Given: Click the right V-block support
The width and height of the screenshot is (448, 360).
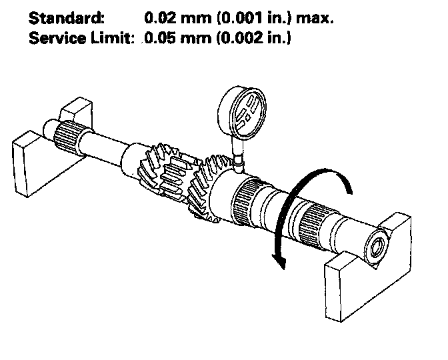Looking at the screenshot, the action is coord(371,260).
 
